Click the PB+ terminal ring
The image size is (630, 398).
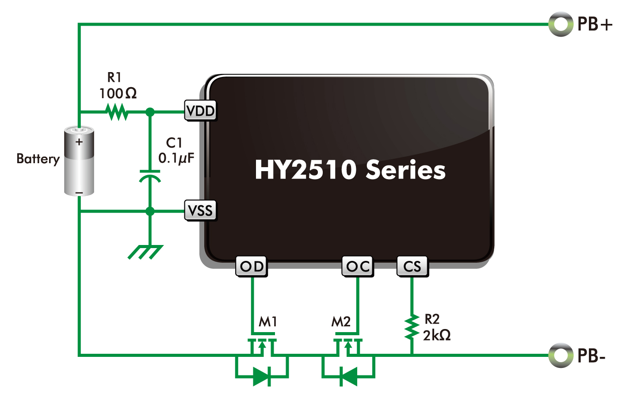click(x=561, y=24)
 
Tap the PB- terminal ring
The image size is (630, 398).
click(x=561, y=355)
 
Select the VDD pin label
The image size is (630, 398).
click(x=201, y=111)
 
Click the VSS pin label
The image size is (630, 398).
click(x=201, y=210)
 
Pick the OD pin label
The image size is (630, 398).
click(x=252, y=266)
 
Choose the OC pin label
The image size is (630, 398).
click(x=358, y=266)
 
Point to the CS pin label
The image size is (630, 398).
click(x=412, y=266)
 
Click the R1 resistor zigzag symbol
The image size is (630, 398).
click(x=117, y=112)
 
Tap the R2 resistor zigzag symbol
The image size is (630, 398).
click(x=412, y=327)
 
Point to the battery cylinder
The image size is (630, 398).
click(x=79, y=161)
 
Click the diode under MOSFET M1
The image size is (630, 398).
click(x=261, y=377)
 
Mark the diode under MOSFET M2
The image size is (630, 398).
click(x=349, y=377)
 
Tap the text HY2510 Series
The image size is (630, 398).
click(x=350, y=170)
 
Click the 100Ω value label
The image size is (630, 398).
click(x=118, y=93)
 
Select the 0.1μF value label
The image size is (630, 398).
click(x=176, y=158)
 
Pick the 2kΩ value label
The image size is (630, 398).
click(x=437, y=335)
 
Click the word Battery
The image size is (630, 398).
click(x=38, y=159)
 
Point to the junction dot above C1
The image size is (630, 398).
click(x=150, y=112)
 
